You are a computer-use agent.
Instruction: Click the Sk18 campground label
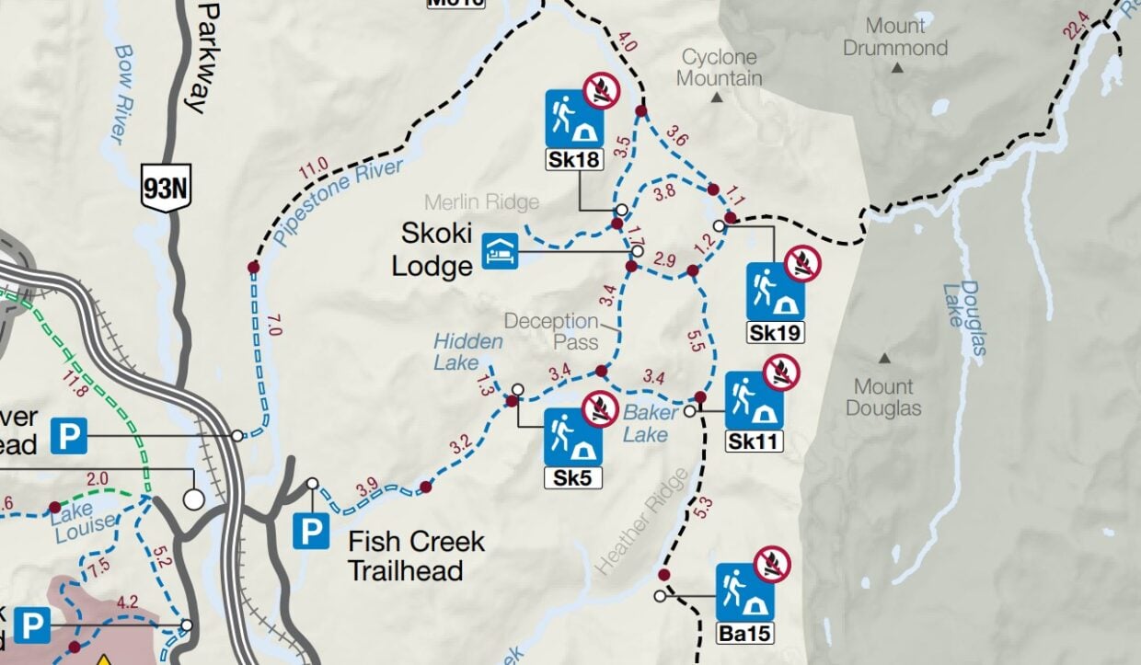coord(574,160)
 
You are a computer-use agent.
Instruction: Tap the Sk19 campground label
coord(776,333)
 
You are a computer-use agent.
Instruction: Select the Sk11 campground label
coord(754,442)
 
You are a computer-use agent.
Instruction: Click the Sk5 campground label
coord(573,477)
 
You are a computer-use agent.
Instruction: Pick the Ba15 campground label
coord(745,633)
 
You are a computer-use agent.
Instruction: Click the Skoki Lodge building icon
coord(501,250)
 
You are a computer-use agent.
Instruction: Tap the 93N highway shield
coord(166,189)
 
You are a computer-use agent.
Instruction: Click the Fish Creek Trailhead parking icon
coord(311,532)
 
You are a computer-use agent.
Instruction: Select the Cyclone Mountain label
coord(720,68)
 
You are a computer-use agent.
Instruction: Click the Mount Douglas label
coord(883,397)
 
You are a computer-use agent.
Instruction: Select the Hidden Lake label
coord(468,352)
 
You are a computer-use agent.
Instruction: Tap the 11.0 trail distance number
coord(313,169)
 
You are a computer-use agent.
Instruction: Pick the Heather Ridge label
coord(641,522)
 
